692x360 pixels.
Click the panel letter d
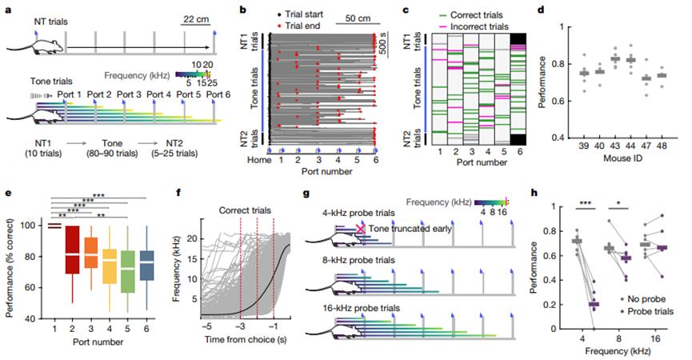click(541, 10)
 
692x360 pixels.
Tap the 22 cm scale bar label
click(196, 19)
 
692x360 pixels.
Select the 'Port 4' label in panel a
click(158, 94)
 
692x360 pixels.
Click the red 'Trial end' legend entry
click(298, 26)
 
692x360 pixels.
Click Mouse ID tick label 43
click(614, 146)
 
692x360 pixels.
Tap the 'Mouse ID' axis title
click(622, 158)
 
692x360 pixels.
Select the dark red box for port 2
click(72, 250)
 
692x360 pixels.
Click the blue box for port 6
click(146, 266)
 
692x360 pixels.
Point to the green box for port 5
click(128, 272)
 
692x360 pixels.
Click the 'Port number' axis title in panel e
click(98, 342)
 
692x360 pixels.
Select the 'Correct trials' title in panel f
click(245, 210)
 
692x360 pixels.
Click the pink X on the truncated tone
click(361, 229)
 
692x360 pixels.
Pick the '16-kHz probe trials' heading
click(362, 308)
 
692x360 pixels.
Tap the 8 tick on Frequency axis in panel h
click(618, 339)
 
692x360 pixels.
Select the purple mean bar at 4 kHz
click(594, 304)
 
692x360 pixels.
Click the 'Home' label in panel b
click(259, 160)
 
